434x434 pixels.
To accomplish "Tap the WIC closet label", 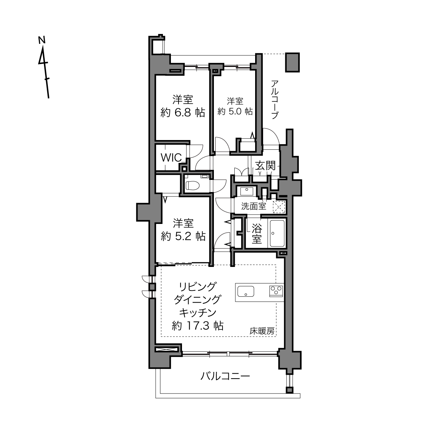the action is (x=171, y=157).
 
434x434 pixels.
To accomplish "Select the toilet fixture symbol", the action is (x=192, y=185).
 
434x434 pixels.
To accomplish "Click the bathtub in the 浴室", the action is (x=277, y=233).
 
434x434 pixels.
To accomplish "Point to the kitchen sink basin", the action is (x=246, y=291).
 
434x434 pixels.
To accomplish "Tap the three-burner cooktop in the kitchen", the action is (x=276, y=291).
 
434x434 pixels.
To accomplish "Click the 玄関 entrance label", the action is (x=266, y=166).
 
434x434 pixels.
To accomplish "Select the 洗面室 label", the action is (x=254, y=206).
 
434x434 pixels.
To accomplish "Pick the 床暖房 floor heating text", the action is (x=262, y=331).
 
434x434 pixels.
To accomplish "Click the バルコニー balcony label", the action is (x=225, y=376).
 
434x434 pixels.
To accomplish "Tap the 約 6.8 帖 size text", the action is (x=183, y=112).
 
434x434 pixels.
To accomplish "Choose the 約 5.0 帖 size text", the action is (x=235, y=112).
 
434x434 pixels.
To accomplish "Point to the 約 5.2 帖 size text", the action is (x=183, y=236).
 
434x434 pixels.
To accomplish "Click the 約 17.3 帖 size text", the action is (x=198, y=325).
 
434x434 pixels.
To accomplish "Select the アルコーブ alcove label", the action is (x=275, y=99).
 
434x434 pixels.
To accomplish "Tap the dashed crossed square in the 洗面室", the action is (x=279, y=207).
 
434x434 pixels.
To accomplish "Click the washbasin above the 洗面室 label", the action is (x=247, y=192).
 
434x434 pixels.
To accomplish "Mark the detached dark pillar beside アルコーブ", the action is (x=292, y=63).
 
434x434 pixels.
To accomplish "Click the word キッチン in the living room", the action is (x=198, y=312).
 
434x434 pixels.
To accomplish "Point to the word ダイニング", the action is (x=197, y=300).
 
